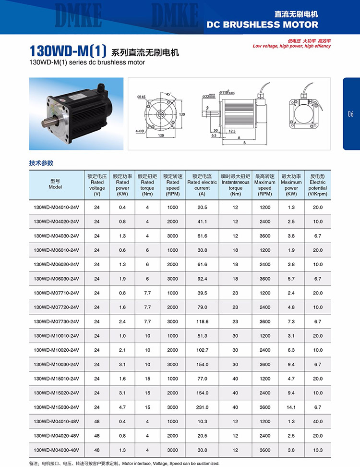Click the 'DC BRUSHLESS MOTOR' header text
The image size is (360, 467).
262,25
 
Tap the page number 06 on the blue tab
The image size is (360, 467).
350,114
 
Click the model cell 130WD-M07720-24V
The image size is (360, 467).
56,307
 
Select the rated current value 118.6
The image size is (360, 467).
202,321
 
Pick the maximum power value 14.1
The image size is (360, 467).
291,407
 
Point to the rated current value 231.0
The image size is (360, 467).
202,407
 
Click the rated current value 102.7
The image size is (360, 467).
202,350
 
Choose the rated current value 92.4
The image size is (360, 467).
202,279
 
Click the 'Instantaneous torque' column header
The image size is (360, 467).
235,185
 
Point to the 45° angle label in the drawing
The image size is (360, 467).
168,94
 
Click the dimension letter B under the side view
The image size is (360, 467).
244,143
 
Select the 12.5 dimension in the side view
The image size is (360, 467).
232,131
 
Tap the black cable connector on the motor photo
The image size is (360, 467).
101,88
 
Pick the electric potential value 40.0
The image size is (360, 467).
318,421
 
